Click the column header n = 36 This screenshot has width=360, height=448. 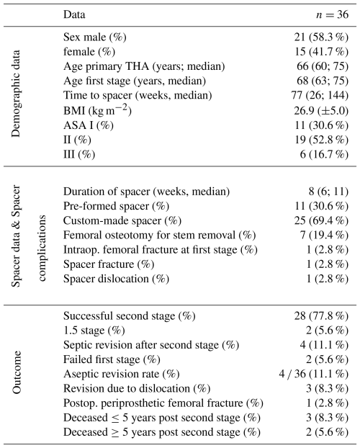click(x=333, y=14)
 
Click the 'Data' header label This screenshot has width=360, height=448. click(x=74, y=14)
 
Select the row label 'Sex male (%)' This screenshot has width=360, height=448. click(x=95, y=37)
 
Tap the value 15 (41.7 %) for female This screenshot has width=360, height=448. click(x=322, y=52)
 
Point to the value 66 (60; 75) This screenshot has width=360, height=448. click(x=323, y=66)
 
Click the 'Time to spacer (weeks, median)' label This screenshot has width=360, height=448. click(x=138, y=95)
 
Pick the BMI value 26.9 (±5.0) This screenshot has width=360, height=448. click(x=321, y=111)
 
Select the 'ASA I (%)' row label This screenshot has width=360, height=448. click(x=89, y=125)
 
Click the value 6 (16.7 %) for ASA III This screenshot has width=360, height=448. click(x=324, y=155)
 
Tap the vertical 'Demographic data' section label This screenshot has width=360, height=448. click(x=16, y=94)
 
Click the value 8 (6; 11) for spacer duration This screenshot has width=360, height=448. click(x=328, y=192)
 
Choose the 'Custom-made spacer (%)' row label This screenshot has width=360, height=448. click(x=122, y=221)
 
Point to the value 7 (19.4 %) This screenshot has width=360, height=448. click(x=324, y=236)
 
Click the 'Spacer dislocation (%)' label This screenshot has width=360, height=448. click(x=117, y=279)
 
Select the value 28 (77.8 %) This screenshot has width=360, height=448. click(x=321, y=316)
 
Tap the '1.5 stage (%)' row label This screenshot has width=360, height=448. click(x=94, y=331)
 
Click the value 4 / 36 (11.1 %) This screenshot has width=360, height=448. click(x=314, y=375)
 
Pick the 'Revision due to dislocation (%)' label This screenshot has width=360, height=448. click(x=137, y=389)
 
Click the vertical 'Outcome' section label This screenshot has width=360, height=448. click(x=16, y=372)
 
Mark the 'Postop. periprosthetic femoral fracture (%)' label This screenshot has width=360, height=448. click(x=163, y=403)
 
